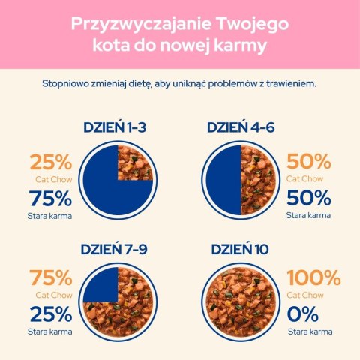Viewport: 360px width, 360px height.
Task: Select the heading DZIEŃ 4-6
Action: pos(241,127)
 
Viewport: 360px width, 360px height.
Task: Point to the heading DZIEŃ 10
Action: pos(241,249)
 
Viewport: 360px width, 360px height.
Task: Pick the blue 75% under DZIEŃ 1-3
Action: pos(50,199)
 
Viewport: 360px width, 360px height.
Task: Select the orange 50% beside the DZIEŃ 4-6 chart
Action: pos(309,163)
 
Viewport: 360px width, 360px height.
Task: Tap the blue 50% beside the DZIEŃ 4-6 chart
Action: pos(309,199)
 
